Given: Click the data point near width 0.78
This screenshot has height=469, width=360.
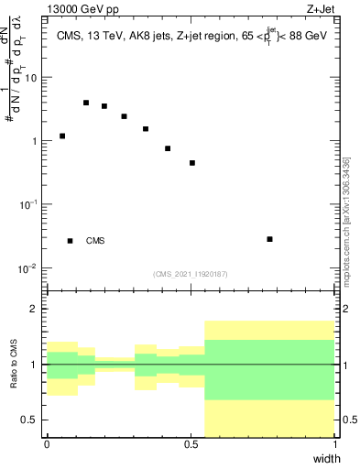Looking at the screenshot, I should tap(269, 239).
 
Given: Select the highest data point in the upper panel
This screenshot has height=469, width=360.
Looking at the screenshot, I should tap(86, 103).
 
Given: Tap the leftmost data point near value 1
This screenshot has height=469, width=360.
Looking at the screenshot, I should tap(62, 136).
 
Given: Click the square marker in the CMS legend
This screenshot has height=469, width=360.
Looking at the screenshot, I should tap(70, 241).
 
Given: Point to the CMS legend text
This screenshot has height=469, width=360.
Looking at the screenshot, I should tap(95, 241).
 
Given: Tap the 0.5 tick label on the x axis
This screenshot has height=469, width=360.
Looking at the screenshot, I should tap(191, 444).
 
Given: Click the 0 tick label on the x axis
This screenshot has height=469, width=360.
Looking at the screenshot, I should tap(47, 444).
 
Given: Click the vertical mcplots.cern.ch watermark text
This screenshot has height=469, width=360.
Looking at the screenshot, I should tap(345, 220).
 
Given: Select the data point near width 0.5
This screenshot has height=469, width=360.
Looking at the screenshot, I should tap(192, 163).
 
